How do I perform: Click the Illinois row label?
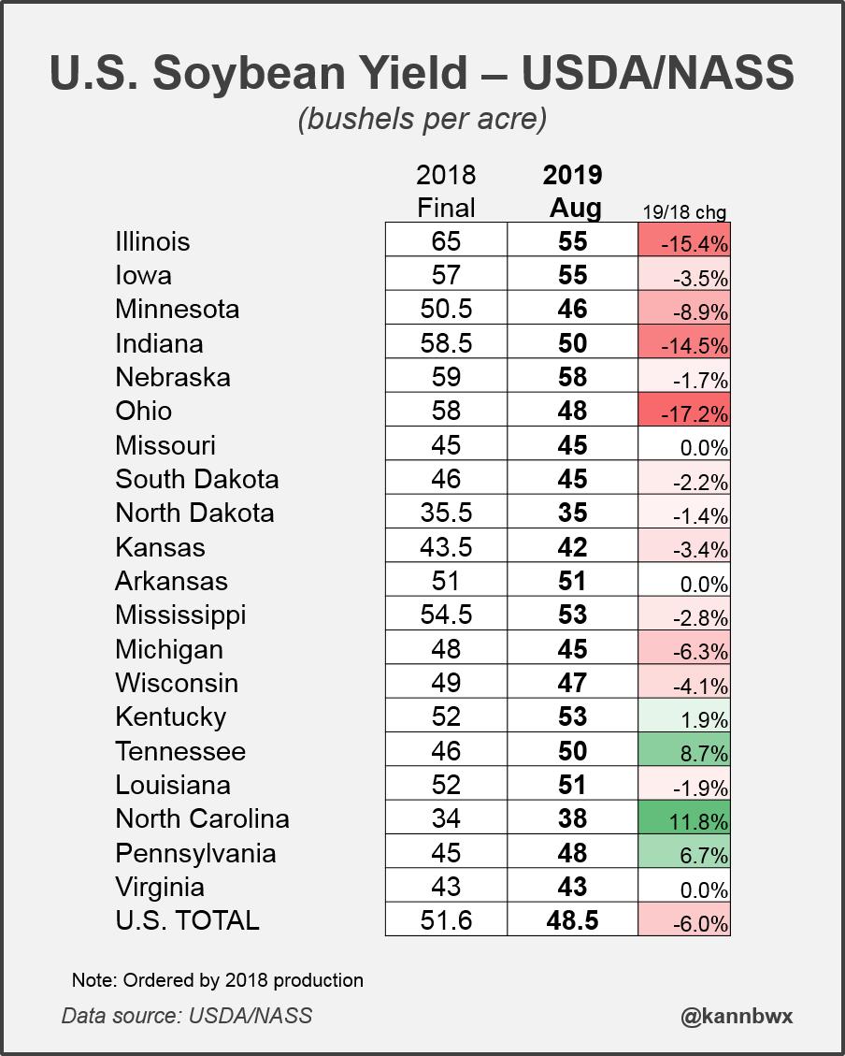point(152,241)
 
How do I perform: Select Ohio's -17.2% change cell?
point(683,412)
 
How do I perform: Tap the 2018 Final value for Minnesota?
point(446,310)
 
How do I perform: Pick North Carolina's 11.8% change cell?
point(683,819)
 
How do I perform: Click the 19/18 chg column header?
point(683,212)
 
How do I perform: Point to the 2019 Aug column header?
point(572,191)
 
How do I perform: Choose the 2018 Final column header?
point(446,191)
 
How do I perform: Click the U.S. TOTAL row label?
point(187,920)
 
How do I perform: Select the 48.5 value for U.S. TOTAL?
point(572,920)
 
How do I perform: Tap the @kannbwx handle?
point(737,1015)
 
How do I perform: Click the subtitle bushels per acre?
point(422,120)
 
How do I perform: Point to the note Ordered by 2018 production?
point(217,980)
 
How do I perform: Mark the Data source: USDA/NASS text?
point(187,1015)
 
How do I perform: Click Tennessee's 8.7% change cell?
point(683,752)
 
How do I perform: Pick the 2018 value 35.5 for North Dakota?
point(446,514)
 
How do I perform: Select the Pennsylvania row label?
point(195,853)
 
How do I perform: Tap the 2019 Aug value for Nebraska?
point(572,377)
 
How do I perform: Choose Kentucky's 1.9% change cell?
point(683,717)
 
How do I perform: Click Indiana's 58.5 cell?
point(446,343)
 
